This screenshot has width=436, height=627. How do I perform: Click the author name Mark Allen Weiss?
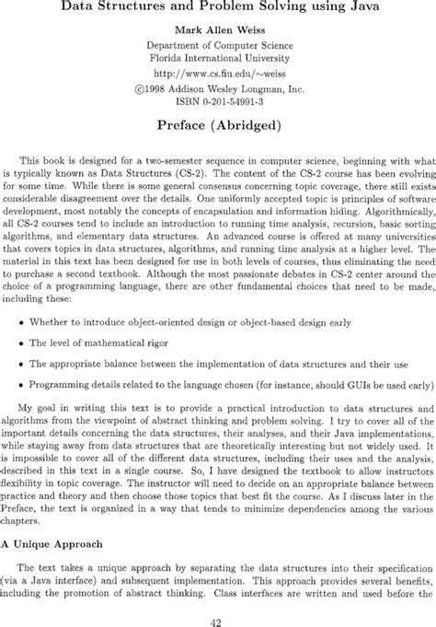218,29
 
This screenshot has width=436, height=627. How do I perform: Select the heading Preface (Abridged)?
218,121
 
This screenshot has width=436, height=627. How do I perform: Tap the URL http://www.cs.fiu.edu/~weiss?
218,72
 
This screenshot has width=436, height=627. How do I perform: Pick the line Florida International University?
218,57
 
